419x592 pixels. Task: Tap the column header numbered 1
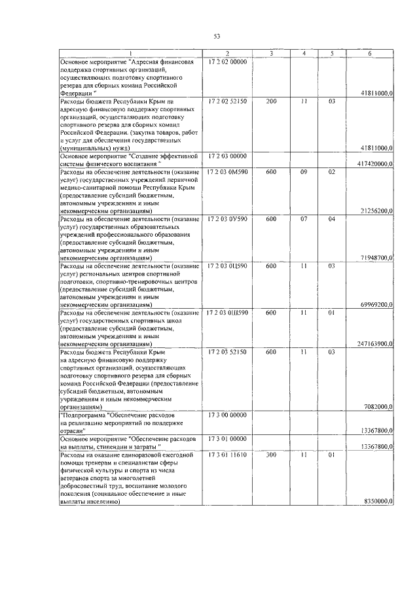[x=131, y=53]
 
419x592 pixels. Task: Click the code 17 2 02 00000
[x=227, y=61]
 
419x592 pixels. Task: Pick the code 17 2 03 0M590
[x=227, y=172]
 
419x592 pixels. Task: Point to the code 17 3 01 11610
[x=227, y=454]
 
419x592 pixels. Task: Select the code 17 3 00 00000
[x=227, y=415]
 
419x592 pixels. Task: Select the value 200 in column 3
[x=272, y=101]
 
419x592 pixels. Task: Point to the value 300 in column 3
[x=272, y=454]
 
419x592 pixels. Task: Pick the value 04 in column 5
[x=332, y=219]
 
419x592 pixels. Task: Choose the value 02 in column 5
[x=332, y=172]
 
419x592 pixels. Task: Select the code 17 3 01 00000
[x=227, y=438]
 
